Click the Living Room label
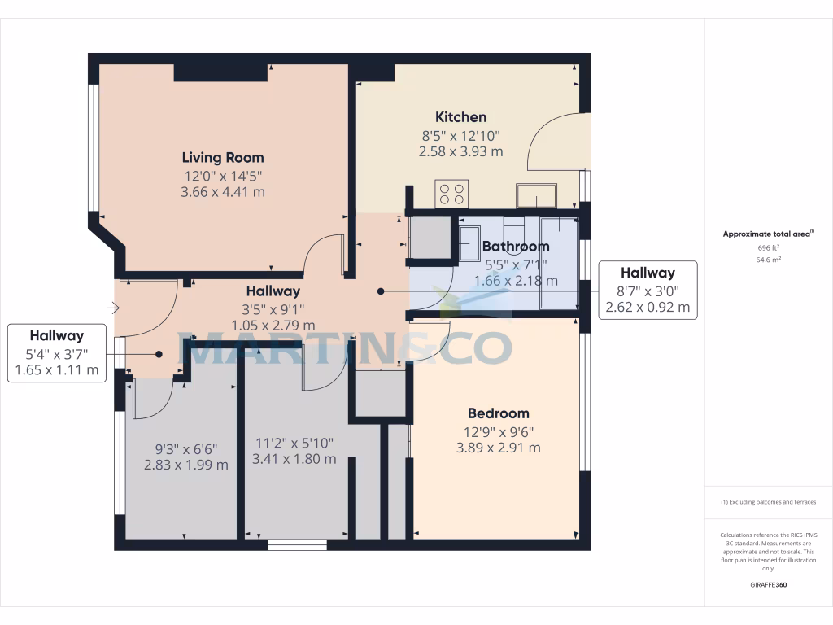coord(222,157)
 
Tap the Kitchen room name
coord(460,117)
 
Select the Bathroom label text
coord(516,246)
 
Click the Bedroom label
coord(498,413)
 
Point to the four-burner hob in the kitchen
coord(451,194)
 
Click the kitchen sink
coord(536,195)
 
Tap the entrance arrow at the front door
coord(113,308)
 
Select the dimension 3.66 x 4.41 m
coord(222,192)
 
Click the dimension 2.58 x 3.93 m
coord(460,151)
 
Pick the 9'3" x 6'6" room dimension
coord(185,448)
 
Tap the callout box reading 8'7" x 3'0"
coord(648,290)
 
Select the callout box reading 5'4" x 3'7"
coord(57,352)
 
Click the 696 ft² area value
coord(769,247)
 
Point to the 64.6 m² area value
coord(769,260)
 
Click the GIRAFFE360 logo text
coord(769,585)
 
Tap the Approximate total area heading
coord(768,234)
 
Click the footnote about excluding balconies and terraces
coord(769,502)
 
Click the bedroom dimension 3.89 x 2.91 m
coord(498,448)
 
